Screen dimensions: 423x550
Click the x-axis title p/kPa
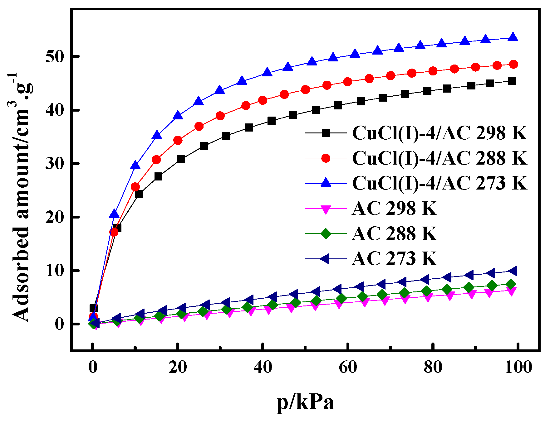[x=305, y=402]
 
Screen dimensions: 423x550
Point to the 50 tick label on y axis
[x=55, y=57]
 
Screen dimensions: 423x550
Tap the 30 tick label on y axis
[x=55, y=164]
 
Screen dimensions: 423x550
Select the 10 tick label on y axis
[x=55, y=271]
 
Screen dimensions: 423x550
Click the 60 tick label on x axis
[x=348, y=367]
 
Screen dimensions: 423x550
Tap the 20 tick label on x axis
[x=178, y=367]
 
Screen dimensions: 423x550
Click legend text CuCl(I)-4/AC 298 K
[x=440, y=133]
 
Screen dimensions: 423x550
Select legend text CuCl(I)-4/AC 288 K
[x=440, y=158]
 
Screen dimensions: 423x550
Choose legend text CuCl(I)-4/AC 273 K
[x=440, y=183]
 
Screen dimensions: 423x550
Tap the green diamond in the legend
[x=326, y=233]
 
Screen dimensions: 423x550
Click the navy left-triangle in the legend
[x=325, y=258]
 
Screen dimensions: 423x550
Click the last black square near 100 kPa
[x=512, y=81]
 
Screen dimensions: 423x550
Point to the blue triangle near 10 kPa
[x=135, y=166]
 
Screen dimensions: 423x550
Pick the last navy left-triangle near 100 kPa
[x=513, y=271]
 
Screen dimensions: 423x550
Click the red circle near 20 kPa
[x=178, y=140]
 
